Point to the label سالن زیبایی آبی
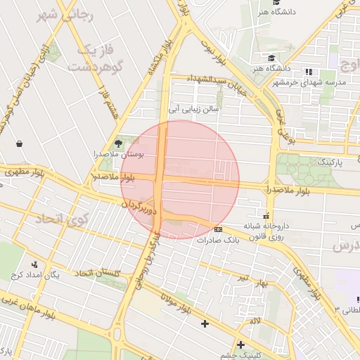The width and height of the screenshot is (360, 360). tap(194, 110)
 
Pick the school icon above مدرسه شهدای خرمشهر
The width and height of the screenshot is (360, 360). tap(308, 72)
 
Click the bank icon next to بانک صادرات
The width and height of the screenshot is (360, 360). tap(219, 229)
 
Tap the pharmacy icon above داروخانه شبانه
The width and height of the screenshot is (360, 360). tap(266, 215)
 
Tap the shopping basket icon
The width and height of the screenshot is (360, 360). tap(19, 143)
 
